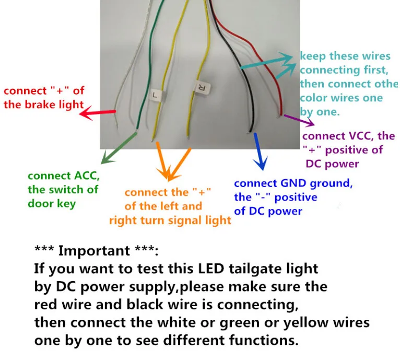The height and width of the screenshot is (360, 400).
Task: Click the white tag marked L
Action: click(x=156, y=95)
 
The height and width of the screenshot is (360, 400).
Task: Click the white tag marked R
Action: click(x=203, y=87)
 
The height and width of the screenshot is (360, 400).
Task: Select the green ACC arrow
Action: click(x=119, y=148)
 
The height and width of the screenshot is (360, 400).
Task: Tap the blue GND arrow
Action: click(x=260, y=152)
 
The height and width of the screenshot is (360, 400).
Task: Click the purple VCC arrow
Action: click(x=299, y=121)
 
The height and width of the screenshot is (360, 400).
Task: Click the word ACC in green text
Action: click(x=87, y=176)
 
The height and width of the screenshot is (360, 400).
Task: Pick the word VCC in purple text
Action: click(x=359, y=136)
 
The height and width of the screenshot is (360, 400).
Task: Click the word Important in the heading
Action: click(x=94, y=250)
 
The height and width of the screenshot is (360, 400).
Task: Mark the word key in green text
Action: click(x=66, y=204)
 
